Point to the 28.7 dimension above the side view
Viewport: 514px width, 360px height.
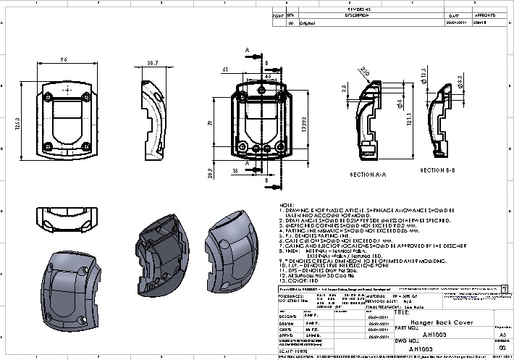[x=152, y=64]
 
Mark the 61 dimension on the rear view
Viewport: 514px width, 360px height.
[x=227, y=70]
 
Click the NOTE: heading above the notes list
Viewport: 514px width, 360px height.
[x=286, y=206]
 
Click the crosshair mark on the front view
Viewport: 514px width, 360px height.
[x=67, y=89]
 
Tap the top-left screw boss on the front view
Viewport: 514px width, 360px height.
[x=49, y=96]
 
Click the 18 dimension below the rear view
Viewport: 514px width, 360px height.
[x=236, y=171]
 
